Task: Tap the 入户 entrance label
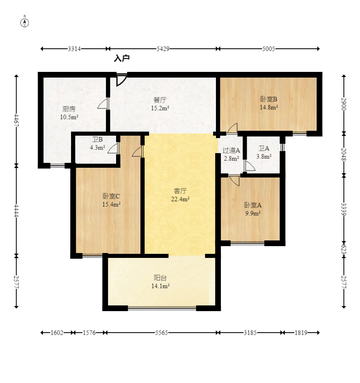coord(122,58)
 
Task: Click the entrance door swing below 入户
coord(121,80)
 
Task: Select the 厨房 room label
coord(69,109)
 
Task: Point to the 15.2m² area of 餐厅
coord(160,108)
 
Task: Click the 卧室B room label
coord(269,99)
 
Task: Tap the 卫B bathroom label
coord(97,139)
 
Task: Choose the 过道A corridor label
coord(231,150)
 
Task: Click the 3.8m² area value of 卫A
coord(264,156)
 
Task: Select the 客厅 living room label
coord(180,191)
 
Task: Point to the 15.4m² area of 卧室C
coord(111,204)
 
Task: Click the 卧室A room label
coord(253,205)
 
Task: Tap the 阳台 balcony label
coord(160,278)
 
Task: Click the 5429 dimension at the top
coord(163,49)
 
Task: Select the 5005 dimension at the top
coord(268,49)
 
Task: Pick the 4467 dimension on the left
coord(16,120)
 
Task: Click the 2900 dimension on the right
coord(344,104)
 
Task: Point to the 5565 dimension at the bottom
coord(162,333)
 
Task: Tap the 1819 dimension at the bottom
coord(301,333)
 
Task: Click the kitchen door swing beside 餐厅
coord(103,104)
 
